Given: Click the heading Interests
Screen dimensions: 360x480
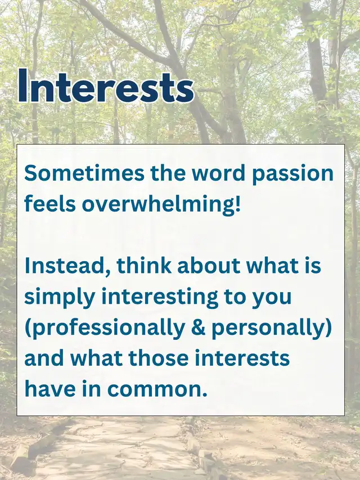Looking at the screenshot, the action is (106, 86).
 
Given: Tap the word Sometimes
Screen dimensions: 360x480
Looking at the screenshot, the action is (84, 173).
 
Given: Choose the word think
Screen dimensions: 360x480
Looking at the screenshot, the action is (144, 265).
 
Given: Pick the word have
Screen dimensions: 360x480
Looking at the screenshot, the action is (50, 389).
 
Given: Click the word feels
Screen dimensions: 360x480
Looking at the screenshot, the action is (50, 204).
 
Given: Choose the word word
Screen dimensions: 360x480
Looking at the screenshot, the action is (219, 173).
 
